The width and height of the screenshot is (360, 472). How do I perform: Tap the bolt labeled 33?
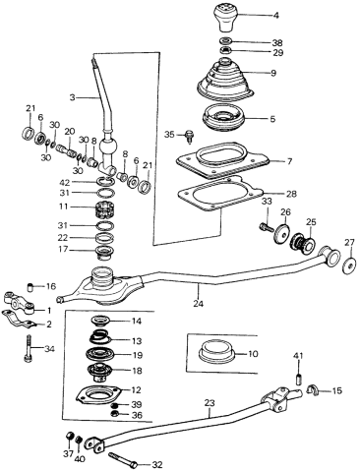click(266, 227)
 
